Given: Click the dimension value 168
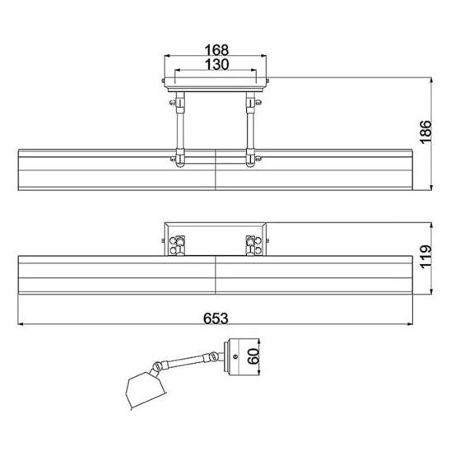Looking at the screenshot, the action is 216,49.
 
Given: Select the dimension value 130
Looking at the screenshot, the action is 216,64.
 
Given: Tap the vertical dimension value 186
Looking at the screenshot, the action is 425,132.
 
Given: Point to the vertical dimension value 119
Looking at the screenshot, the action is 425,257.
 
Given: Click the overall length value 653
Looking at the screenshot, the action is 216,318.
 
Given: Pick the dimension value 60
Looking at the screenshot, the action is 253,356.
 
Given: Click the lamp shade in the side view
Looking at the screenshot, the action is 145,389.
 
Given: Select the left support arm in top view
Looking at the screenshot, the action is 180,129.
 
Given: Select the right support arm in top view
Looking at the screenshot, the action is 251,129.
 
